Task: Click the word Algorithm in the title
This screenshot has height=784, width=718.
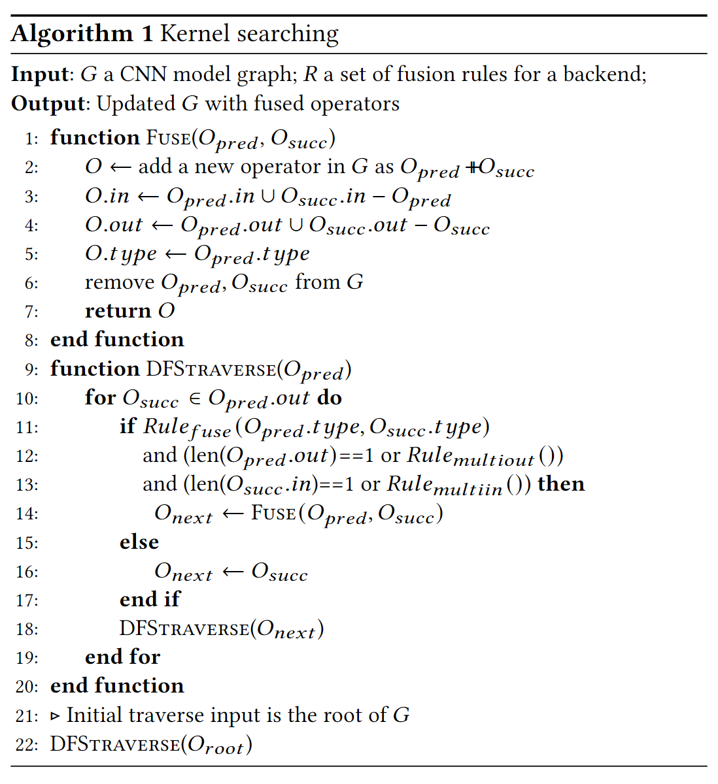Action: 72,33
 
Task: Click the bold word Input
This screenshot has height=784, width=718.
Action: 39,74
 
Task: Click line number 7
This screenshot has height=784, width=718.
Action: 31,312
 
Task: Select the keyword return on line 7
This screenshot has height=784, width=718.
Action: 118,310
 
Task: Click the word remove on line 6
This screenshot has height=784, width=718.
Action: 120,282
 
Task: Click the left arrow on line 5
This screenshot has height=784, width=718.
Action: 175,253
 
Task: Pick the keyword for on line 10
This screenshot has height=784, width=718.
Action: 100,397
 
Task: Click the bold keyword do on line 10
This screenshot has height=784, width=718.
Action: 330,397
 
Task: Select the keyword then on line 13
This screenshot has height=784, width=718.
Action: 561,484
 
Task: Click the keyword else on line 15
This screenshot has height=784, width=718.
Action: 139,542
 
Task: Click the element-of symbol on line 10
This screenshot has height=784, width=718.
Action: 194,399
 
